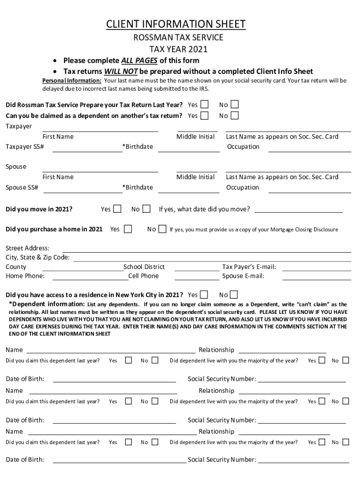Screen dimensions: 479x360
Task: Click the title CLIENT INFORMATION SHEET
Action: click(176, 24)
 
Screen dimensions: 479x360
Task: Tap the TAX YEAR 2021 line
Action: click(178, 49)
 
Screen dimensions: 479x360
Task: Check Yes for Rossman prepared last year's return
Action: click(204, 104)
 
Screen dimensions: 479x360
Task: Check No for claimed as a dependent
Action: click(235, 116)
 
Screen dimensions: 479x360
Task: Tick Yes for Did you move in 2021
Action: click(117, 209)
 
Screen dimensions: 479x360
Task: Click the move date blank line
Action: click(298, 209)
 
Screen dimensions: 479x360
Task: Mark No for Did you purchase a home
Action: click(162, 229)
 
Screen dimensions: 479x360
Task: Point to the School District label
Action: click(144, 267)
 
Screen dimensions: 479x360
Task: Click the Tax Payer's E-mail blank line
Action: click(317, 267)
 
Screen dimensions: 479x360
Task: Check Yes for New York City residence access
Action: click(204, 295)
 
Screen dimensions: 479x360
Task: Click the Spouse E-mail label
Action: click(243, 276)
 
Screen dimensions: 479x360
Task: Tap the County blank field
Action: click(83, 267)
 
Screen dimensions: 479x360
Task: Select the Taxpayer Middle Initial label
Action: click(195, 137)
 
